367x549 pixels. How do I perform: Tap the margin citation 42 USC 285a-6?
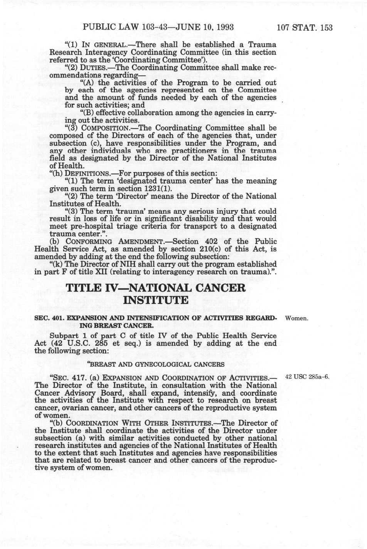[307, 376]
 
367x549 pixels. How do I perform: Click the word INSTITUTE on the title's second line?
[156, 300]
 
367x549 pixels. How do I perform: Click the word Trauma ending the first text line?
[262, 45]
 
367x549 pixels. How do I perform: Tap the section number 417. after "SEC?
[79, 378]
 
